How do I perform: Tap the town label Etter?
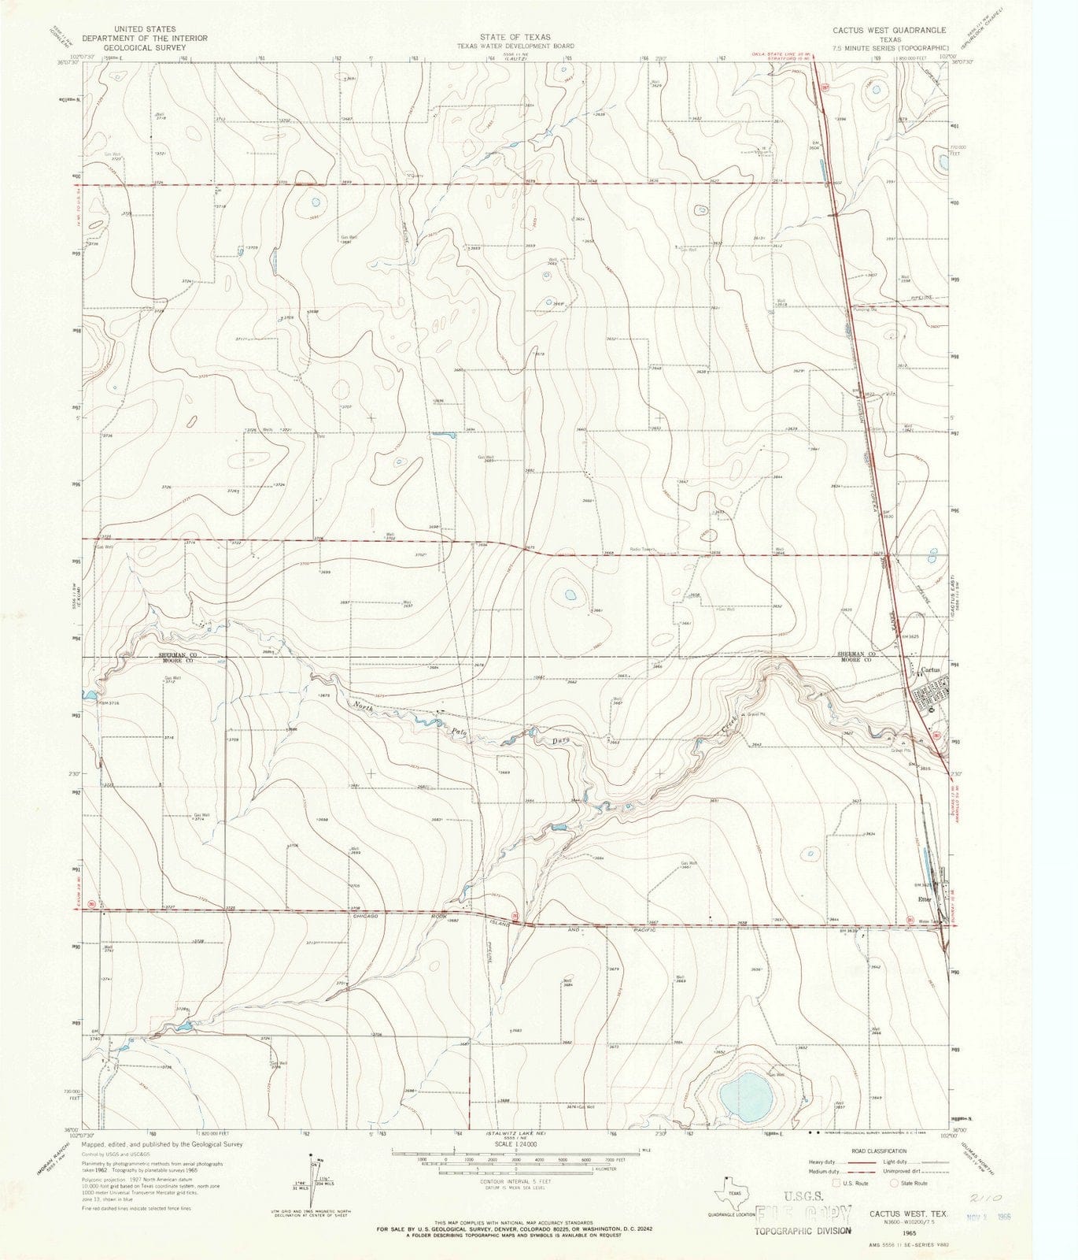(923, 899)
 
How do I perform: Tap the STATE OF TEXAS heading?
(516, 37)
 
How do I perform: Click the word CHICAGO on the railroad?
(366, 917)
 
